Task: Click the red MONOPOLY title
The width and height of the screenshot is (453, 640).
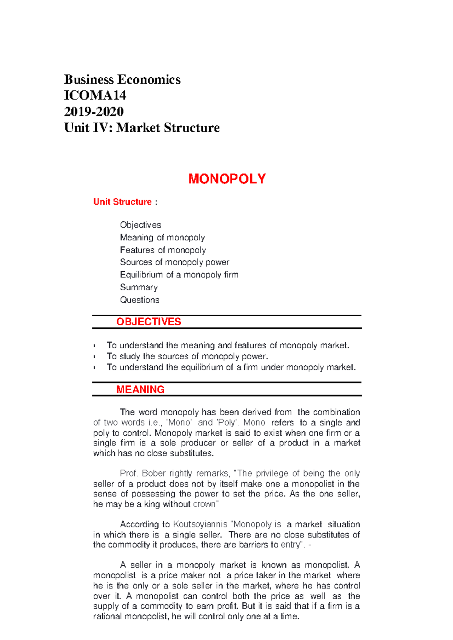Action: tap(227, 179)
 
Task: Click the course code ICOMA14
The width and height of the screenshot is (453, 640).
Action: tap(95, 95)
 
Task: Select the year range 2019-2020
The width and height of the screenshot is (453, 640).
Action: tap(94, 112)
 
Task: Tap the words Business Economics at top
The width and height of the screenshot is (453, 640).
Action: tap(122, 80)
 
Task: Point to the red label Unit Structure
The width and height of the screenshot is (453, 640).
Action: tap(122, 202)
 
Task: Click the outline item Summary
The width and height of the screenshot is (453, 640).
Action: tap(139, 287)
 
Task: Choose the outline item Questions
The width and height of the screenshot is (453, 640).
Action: tap(139, 300)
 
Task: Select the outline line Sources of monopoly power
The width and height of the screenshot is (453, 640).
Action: tap(174, 262)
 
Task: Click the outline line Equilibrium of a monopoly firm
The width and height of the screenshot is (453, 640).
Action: tap(179, 275)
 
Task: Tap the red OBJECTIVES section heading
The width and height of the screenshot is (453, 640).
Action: tap(148, 322)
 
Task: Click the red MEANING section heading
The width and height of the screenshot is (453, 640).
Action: tap(140, 389)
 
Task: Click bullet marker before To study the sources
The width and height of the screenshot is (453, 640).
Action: tap(94, 357)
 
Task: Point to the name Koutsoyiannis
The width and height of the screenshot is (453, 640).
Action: tap(200, 524)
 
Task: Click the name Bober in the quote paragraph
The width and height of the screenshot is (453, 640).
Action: tap(154, 473)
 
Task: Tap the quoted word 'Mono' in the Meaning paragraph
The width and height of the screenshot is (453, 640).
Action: tap(179, 423)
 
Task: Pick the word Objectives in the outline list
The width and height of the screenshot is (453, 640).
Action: tap(140, 225)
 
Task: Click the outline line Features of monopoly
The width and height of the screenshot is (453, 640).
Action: tap(163, 250)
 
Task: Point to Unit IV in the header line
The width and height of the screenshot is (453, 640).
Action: tap(86, 128)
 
